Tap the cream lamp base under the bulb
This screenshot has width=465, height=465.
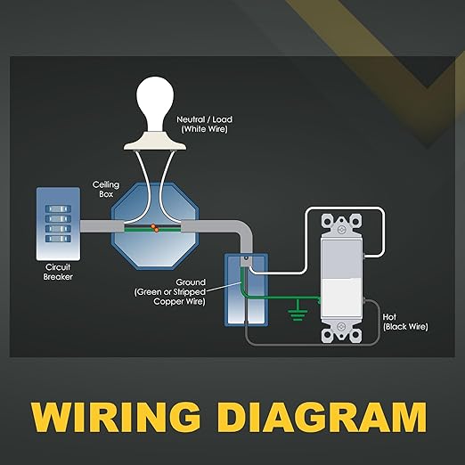(155, 142)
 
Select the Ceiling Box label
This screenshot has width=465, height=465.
(106, 189)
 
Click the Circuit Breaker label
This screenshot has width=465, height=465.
(58, 272)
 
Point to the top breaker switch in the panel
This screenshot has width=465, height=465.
(58, 209)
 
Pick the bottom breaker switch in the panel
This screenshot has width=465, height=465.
(58, 239)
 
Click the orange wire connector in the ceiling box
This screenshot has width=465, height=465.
(155, 228)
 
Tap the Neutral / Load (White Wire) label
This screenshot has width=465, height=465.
(205, 124)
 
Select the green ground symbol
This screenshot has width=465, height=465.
(298, 311)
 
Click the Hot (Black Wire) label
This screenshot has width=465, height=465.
(405, 322)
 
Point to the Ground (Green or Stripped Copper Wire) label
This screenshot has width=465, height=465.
(170, 292)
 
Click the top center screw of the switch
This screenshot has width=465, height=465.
(342, 230)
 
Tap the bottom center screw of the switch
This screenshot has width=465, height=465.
(342, 326)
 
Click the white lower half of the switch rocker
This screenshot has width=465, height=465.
(342, 297)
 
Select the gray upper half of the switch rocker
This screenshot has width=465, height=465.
(342, 258)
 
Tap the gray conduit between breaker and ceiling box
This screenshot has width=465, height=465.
(102, 226)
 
